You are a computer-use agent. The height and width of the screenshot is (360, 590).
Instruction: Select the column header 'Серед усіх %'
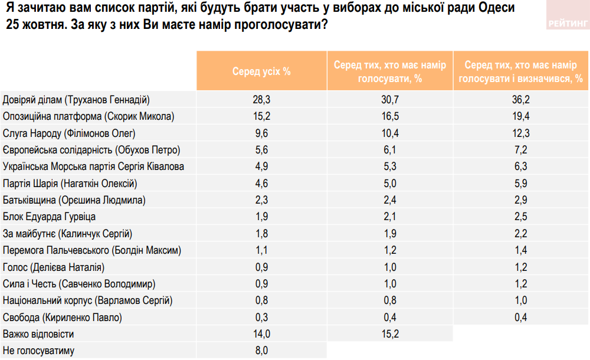click(x=261, y=71)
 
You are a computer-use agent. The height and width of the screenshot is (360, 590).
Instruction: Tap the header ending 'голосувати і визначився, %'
click(x=521, y=71)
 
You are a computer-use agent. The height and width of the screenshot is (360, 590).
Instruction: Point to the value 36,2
click(x=521, y=99)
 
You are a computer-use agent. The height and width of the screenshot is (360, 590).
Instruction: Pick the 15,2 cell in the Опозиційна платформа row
click(x=261, y=116)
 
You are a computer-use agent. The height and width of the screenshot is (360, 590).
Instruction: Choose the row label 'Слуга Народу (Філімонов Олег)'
click(x=70, y=133)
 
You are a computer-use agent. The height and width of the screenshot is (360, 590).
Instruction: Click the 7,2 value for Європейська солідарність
click(x=521, y=150)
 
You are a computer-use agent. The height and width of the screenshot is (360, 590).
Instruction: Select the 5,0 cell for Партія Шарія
click(x=390, y=184)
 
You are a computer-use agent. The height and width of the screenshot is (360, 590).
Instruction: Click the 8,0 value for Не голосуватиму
click(x=261, y=351)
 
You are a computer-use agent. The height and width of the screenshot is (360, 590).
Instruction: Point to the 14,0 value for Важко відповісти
click(x=261, y=335)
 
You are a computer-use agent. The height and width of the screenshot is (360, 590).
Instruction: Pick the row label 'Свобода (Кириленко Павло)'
click(x=63, y=318)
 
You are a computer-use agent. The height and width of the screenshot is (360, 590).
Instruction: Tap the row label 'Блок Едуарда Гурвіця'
click(x=50, y=217)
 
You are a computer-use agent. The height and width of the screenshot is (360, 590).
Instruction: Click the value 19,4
click(x=521, y=116)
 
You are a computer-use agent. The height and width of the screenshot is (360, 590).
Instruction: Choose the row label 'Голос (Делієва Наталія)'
click(x=54, y=267)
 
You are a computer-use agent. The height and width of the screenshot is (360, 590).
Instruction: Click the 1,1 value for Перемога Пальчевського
click(x=261, y=250)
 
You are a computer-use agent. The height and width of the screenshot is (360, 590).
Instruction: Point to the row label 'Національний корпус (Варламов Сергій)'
click(x=88, y=301)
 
